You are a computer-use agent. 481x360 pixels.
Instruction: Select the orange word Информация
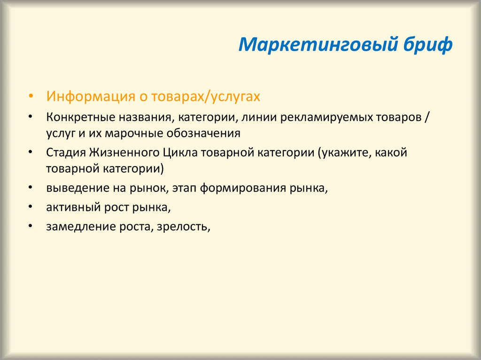coord(91,97)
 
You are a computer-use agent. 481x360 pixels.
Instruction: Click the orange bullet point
coord(30,96)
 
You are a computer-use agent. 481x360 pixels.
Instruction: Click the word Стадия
coord(66,153)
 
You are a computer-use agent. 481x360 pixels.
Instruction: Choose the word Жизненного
coord(124,153)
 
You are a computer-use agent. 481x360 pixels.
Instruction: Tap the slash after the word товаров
coord(427,118)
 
